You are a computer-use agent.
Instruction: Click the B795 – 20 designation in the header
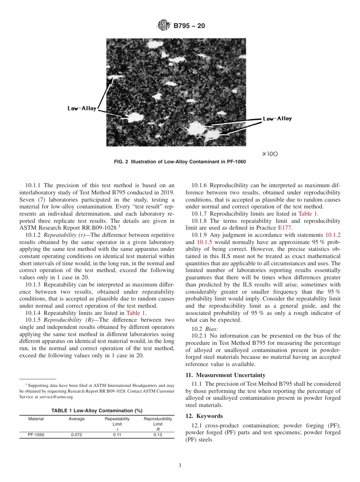tap(189, 26)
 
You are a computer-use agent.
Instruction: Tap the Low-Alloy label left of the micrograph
tap(82, 109)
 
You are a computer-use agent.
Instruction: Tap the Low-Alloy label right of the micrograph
tap(277, 119)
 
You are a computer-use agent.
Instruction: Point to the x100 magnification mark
tap(269, 154)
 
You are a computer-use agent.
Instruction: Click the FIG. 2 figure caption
tap(180, 162)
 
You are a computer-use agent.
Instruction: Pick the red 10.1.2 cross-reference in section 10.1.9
tap(333, 235)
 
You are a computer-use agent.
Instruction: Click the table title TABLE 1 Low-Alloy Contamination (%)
tap(97, 410)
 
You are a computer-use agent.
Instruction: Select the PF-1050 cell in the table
tap(36, 435)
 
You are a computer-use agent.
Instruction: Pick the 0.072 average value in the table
tap(77, 435)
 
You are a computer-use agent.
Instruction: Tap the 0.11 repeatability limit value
tap(117, 435)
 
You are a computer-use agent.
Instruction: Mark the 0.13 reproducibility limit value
tap(158, 435)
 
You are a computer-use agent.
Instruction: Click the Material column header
tap(36, 419)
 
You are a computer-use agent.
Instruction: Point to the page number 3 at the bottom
tap(180, 466)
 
